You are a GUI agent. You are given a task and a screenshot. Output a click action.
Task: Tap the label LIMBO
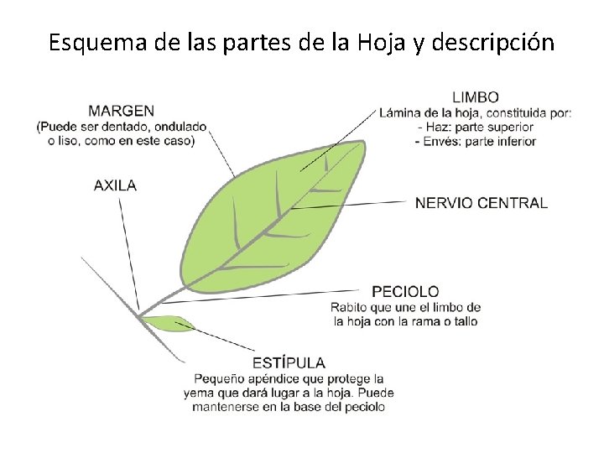[x=476, y=96]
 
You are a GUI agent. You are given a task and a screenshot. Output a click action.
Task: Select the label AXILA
[x=115, y=185]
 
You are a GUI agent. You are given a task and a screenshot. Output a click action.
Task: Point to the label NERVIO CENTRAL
[x=481, y=203]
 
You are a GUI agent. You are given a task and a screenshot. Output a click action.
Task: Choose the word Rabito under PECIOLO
[x=349, y=306]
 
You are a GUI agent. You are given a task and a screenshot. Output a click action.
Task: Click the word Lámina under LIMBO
[x=399, y=113]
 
